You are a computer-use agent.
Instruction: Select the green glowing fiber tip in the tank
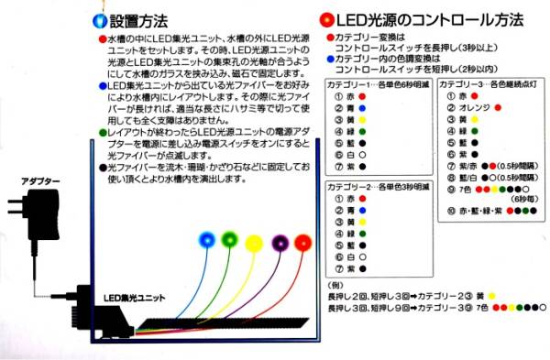click(x=228, y=241)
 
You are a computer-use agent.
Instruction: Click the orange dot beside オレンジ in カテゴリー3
click(x=499, y=106)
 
